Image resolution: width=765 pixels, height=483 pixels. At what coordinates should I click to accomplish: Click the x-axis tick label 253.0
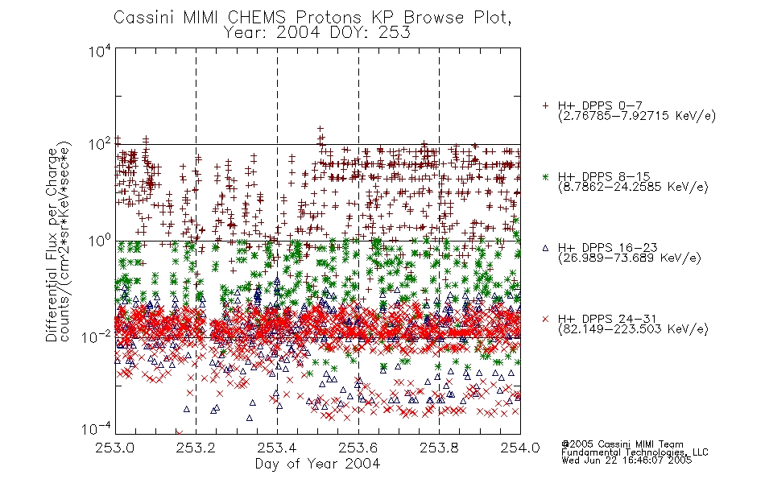click(115, 448)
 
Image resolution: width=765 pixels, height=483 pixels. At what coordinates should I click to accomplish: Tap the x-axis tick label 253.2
click(196, 448)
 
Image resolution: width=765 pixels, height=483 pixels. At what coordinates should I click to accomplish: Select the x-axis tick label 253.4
click(277, 448)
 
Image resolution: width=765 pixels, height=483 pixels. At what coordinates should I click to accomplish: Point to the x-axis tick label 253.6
click(358, 448)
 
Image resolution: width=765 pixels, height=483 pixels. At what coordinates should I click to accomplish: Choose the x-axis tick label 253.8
click(439, 448)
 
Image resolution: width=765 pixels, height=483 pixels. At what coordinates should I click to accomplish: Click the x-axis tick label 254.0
click(520, 448)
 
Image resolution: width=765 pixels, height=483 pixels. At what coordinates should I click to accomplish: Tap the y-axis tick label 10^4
click(100, 52)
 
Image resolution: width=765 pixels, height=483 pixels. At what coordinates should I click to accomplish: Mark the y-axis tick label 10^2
click(100, 145)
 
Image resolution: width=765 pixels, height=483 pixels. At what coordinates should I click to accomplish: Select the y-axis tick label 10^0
click(100, 241)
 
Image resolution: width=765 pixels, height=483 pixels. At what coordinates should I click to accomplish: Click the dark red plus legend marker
click(545, 105)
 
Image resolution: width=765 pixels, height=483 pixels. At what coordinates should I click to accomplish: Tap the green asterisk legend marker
click(545, 176)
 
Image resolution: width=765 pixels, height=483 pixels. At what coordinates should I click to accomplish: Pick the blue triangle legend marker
click(545, 248)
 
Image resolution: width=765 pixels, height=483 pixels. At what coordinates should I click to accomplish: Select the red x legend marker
click(545, 319)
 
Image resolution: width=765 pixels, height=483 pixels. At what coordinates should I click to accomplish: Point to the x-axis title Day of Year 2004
click(317, 464)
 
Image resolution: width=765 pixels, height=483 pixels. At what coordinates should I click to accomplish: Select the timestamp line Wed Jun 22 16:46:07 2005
click(626, 460)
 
